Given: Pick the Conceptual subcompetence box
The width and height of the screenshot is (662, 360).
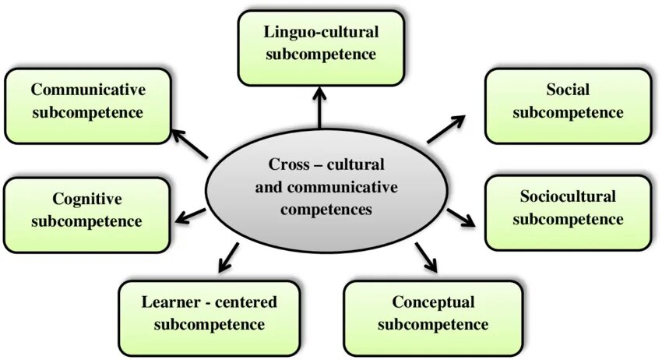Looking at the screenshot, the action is click(x=433, y=312).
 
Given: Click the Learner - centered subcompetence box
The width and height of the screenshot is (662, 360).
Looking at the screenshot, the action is click(x=209, y=312).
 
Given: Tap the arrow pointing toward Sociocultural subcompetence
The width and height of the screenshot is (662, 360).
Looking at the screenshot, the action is click(x=461, y=217).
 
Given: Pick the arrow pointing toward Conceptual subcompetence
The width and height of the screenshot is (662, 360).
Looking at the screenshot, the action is click(x=426, y=257).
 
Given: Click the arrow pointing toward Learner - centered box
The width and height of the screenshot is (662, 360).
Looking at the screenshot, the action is click(x=227, y=256).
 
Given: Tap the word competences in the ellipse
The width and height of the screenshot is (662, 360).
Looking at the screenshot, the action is click(x=326, y=209).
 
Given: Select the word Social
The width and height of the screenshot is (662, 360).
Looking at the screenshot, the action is click(x=568, y=90).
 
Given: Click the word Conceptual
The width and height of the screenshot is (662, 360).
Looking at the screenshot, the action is click(x=433, y=302).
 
